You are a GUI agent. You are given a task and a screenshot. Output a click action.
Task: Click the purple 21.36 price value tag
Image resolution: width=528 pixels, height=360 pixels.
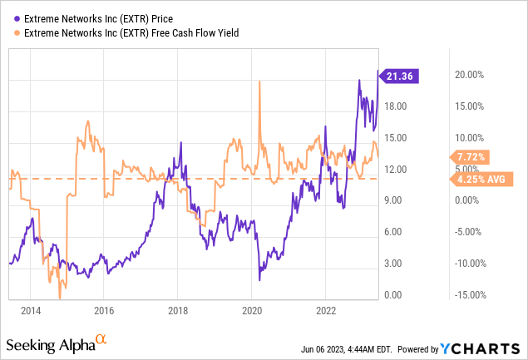click(x=402, y=76)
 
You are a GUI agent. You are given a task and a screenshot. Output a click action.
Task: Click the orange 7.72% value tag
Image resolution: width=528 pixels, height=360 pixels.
click(x=471, y=156)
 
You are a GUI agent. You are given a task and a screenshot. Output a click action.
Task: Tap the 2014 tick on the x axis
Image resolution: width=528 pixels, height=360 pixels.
click(x=31, y=311)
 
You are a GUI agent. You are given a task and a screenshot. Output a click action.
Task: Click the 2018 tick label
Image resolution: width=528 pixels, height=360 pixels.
click(x=177, y=311)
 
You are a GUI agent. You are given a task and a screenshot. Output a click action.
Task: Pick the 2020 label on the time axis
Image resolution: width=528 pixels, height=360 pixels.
click(x=251, y=311)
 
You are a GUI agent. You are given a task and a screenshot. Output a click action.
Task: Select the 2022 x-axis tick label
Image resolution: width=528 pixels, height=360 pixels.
click(x=324, y=311)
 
